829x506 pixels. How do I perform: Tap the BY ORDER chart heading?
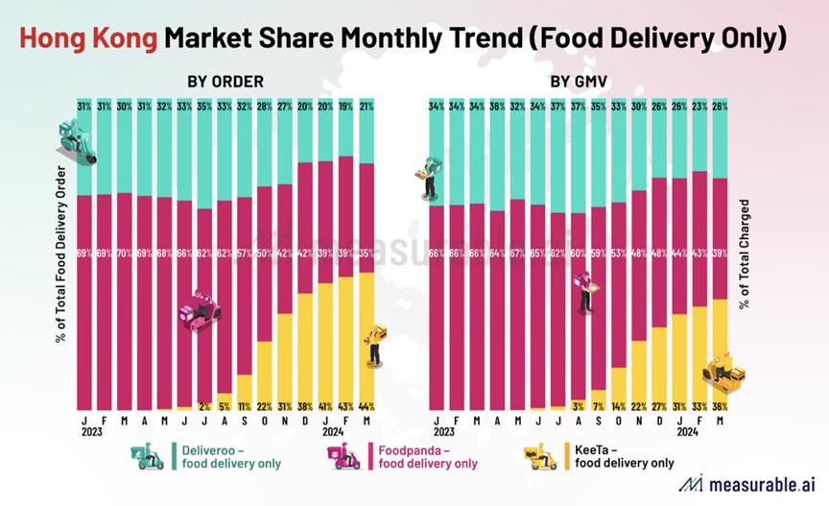(225, 81)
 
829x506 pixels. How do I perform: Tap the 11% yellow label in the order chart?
(245, 406)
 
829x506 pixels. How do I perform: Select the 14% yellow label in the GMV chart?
(617, 406)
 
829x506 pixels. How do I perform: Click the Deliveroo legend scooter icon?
(148, 456)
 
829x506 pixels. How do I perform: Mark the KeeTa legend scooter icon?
(541, 456)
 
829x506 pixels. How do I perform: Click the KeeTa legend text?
(622, 455)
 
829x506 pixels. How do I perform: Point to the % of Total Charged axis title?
(745, 254)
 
